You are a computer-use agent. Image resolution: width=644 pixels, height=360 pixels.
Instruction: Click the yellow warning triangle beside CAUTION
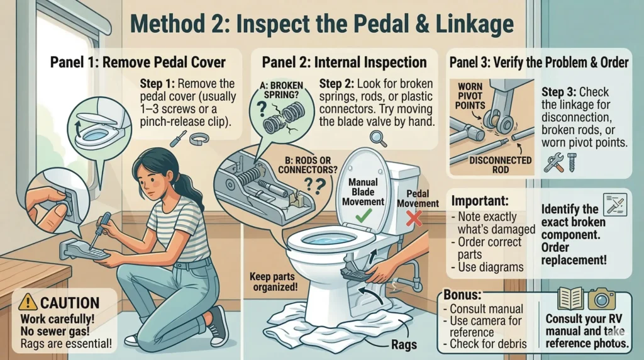28,302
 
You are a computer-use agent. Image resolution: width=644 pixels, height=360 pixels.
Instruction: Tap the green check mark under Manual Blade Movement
364,216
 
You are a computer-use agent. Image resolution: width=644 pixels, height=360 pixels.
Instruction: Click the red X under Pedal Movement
414,218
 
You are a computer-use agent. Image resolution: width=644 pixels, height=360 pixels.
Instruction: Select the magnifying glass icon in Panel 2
378,138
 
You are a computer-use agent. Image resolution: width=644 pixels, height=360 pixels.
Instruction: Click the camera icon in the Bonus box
601,299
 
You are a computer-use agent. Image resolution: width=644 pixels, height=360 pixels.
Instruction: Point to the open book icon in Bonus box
570,299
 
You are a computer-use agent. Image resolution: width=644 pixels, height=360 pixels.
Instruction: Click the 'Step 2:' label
336,84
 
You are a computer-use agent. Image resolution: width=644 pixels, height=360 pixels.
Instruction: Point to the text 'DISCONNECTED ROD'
500,165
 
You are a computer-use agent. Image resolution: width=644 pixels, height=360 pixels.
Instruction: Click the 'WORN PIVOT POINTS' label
470,96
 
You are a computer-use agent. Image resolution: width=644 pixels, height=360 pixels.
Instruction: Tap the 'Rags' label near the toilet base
404,345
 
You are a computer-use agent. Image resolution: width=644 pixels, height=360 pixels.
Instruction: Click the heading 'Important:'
480,201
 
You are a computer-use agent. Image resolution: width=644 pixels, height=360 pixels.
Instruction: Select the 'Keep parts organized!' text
274,281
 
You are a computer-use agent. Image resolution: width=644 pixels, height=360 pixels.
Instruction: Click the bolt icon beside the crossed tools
572,162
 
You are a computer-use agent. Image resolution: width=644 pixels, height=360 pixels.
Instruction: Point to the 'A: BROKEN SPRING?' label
281,90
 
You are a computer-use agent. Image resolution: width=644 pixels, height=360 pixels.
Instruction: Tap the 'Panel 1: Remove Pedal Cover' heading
138,62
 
